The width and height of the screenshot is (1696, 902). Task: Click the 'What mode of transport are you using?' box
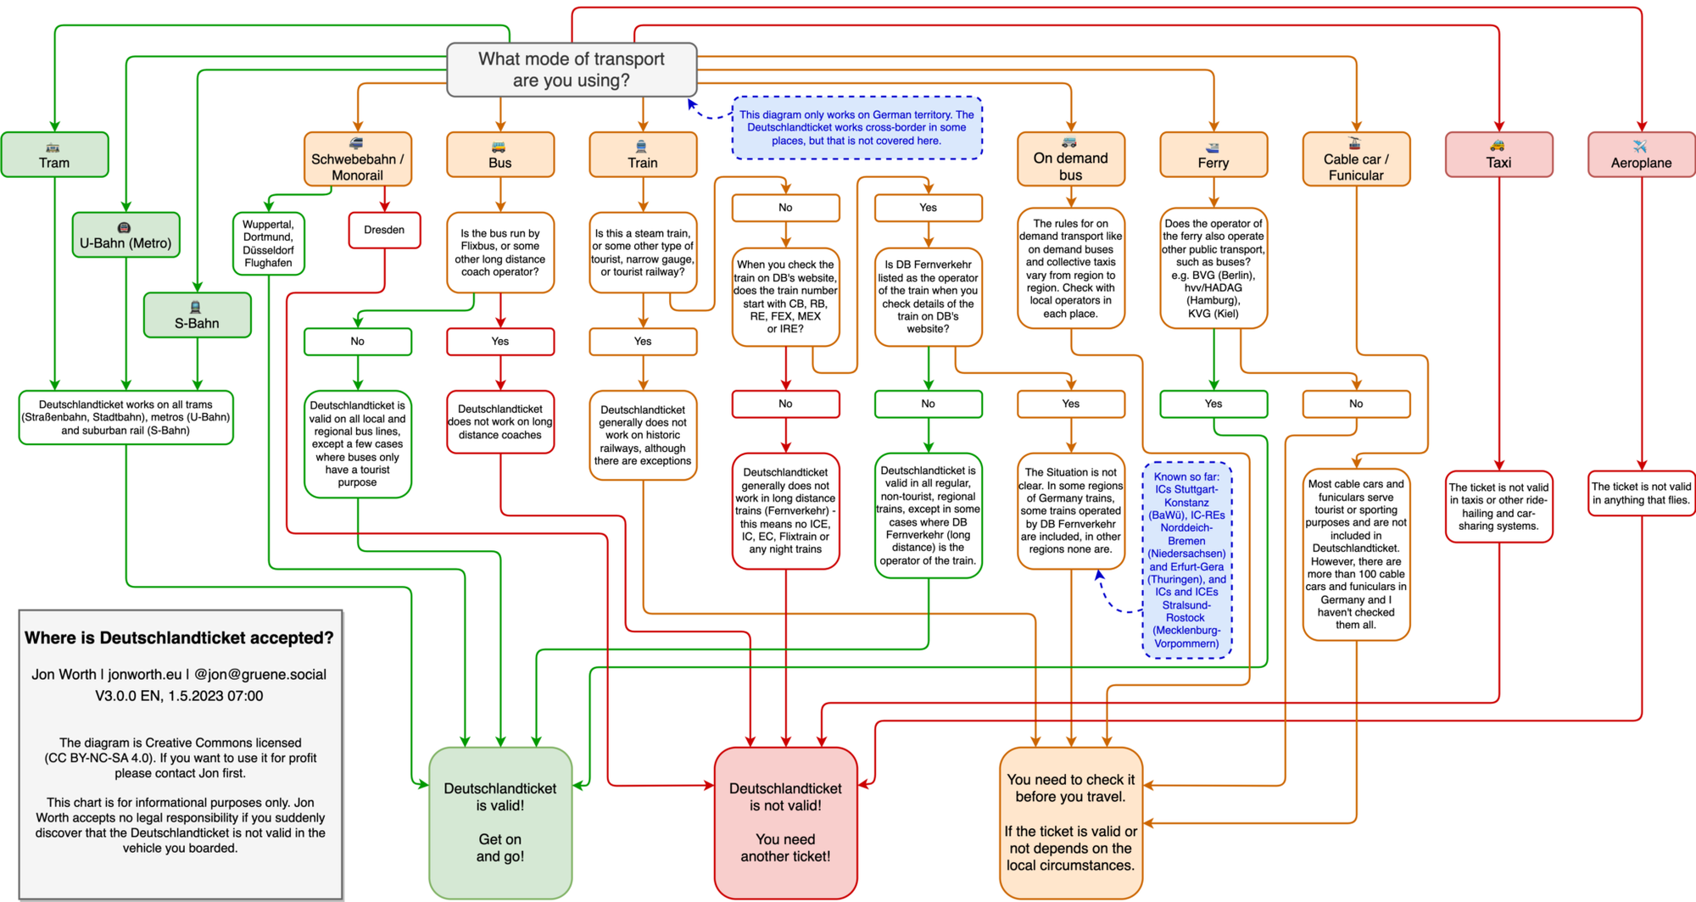point(572,70)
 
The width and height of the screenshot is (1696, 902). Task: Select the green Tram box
point(54,155)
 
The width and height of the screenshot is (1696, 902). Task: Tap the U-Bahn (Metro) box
point(126,235)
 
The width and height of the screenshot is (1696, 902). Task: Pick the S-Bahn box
point(197,315)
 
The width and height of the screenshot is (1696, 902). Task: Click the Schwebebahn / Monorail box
point(357,159)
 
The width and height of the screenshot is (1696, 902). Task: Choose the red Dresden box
point(384,230)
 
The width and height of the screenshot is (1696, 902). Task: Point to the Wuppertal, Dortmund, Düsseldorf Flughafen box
point(268,244)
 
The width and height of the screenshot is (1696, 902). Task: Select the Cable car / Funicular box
point(1355,159)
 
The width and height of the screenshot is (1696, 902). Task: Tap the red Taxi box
point(1498,155)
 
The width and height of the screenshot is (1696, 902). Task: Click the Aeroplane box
point(1641,155)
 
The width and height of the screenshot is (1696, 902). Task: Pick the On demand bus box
point(1070,159)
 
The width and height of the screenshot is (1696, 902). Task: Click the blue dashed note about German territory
point(856,128)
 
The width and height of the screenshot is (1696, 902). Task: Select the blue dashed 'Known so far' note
point(1186,560)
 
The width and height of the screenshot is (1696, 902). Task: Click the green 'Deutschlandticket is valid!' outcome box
point(500,822)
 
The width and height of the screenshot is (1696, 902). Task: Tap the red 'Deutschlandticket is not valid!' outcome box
point(785,822)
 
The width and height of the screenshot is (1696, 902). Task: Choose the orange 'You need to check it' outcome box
point(1070,822)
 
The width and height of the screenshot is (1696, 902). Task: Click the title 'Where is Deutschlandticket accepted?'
point(179,638)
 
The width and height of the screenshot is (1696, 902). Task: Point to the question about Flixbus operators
point(500,253)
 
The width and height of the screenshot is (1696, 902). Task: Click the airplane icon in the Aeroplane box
point(1639,146)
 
